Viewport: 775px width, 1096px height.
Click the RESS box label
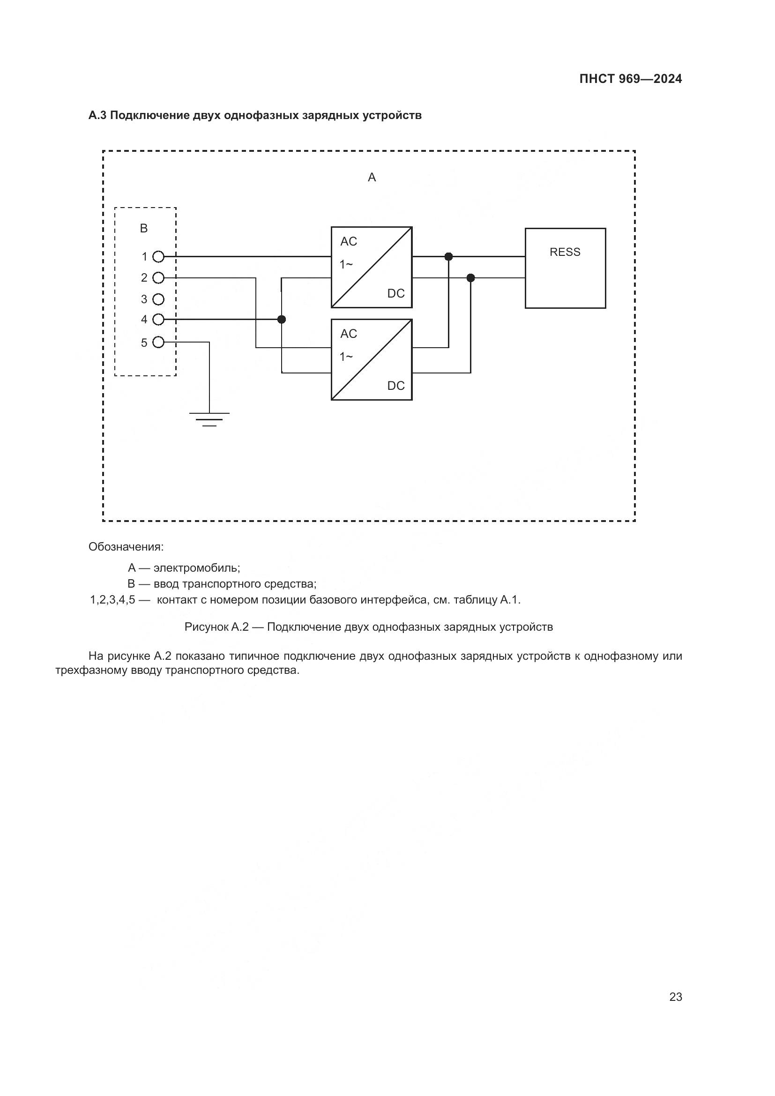coord(565,252)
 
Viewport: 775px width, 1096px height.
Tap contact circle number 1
coord(158,257)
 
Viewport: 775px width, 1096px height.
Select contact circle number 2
coord(158,278)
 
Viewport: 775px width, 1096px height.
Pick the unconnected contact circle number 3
coord(158,299)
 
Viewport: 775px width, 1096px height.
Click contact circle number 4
coord(158,320)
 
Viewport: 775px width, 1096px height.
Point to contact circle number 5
coord(158,342)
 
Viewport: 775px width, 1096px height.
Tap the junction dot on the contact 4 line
coord(282,320)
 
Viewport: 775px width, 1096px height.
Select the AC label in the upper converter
coord(348,241)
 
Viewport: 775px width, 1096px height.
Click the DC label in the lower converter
coord(395,386)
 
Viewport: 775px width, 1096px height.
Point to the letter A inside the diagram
coord(372,178)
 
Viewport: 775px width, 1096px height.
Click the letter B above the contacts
coord(144,229)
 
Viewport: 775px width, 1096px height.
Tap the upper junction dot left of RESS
coord(448,257)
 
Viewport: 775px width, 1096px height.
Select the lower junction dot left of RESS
coord(470,278)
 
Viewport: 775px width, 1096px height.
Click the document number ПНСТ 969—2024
coord(630,79)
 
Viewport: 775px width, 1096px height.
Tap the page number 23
coord(675,997)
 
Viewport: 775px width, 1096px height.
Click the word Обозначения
coord(126,546)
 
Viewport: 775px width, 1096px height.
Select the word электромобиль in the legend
coord(197,568)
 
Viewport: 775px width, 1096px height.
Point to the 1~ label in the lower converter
coord(346,357)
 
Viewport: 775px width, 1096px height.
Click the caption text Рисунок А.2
coord(216,627)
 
